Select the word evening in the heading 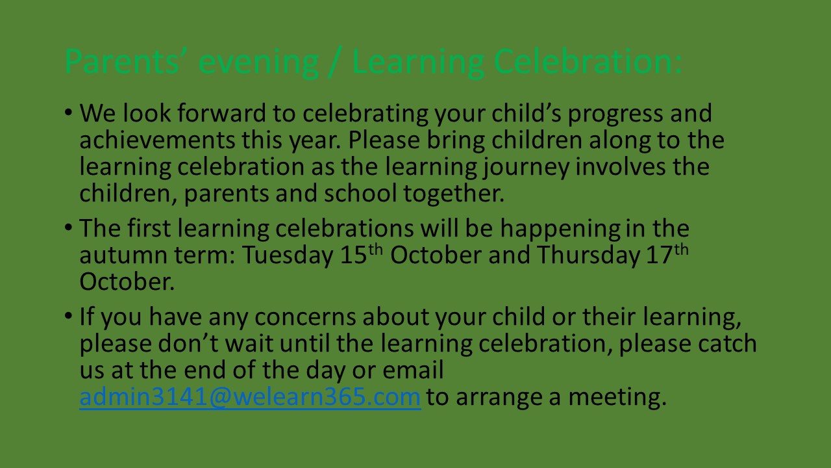259,64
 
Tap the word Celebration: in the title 588,61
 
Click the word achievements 157,140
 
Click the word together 454,194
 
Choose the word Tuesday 288,256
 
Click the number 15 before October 353,255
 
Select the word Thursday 588,256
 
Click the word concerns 305,318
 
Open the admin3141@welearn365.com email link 250,397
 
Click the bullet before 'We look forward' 68,112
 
